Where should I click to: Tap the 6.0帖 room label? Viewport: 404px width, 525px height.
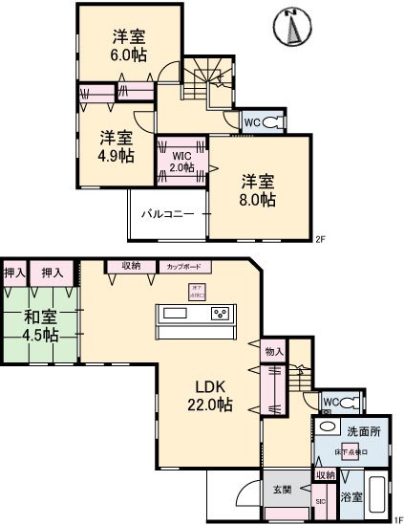point(129,47)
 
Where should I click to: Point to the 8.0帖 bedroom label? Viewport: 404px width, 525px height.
point(257,189)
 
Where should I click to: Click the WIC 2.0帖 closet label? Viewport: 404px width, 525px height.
point(181,160)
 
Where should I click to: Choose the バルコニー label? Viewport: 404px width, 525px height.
point(168,214)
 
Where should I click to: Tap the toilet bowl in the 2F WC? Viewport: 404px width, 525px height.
point(275,122)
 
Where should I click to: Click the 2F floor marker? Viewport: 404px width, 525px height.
point(319,240)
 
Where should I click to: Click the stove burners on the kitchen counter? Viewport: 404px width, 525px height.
point(221,314)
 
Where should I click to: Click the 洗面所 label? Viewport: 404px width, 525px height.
point(364,431)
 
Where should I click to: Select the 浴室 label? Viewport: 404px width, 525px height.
point(351,496)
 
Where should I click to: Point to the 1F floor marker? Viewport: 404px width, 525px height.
point(397,519)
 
